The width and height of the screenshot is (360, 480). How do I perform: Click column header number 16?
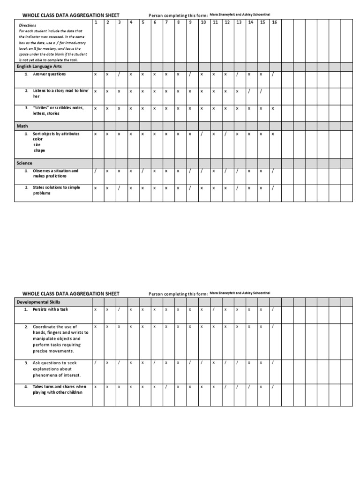[x=274, y=22]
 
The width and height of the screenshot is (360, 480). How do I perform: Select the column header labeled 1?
[x=96, y=22]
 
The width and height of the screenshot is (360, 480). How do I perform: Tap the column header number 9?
[x=190, y=22]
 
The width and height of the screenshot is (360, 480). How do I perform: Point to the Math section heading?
[x=23, y=126]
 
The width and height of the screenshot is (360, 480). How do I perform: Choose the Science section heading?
[x=25, y=163]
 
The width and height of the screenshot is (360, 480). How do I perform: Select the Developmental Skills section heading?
[x=38, y=302]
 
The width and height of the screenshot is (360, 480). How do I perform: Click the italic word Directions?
[x=28, y=26]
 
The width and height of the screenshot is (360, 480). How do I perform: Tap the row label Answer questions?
[x=49, y=74]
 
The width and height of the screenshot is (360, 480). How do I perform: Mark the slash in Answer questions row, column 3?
[x=119, y=74]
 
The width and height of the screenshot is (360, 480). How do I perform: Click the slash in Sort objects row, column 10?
[x=202, y=134]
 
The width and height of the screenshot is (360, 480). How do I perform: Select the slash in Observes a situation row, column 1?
[x=96, y=171]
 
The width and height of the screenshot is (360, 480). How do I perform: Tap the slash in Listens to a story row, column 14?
[x=249, y=91]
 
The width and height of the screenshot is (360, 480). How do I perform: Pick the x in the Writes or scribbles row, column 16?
[x=273, y=108]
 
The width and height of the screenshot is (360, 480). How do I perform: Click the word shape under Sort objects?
[x=39, y=150]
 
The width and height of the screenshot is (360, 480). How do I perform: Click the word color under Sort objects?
[x=37, y=139]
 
